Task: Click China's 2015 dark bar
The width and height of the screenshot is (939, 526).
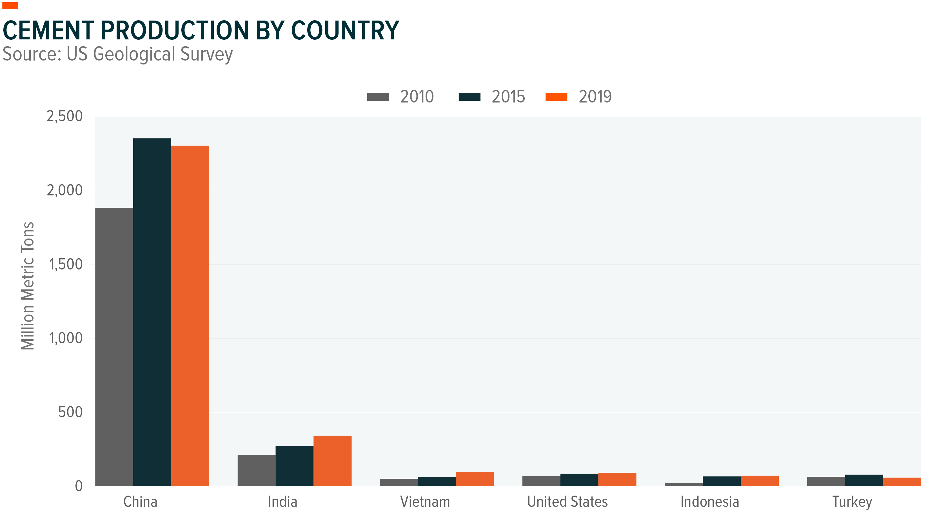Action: (152, 312)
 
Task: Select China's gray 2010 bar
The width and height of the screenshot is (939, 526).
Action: (114, 346)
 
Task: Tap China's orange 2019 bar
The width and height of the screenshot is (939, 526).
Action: (190, 315)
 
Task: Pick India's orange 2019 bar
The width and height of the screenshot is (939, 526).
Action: (332, 460)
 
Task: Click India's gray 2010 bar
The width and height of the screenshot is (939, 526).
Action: (256, 470)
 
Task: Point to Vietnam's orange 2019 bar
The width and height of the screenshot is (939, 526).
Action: (475, 479)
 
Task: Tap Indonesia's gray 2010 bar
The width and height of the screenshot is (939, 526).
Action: (684, 484)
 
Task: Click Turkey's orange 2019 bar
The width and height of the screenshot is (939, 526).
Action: (902, 482)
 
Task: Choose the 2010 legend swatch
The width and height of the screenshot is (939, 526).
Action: (378, 97)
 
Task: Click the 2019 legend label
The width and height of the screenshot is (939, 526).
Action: (595, 97)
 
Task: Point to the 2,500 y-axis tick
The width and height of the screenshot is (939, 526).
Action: (64, 116)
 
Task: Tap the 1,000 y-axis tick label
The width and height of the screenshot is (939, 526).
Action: (66, 338)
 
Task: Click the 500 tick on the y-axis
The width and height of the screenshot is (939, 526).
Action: (70, 412)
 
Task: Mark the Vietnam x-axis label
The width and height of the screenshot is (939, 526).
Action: (425, 502)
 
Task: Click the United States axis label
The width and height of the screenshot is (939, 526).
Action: (567, 502)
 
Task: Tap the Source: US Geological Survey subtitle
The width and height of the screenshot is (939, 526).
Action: (117, 54)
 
